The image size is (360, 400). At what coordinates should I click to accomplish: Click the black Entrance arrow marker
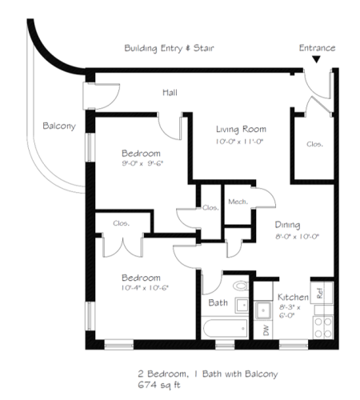[316, 59]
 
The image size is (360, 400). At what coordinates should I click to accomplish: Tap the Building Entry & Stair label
[169, 48]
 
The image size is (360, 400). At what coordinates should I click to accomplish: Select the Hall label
[170, 93]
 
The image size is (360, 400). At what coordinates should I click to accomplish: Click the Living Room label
[241, 130]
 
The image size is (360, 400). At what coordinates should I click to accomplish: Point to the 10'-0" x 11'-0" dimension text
[239, 142]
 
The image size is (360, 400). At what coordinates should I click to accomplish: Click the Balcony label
[59, 126]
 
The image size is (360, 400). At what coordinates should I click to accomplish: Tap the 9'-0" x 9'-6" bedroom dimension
[142, 163]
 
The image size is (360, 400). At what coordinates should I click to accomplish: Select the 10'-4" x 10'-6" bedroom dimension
[145, 288]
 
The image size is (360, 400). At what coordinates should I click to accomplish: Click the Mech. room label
[238, 202]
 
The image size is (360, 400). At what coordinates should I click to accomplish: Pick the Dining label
[287, 225]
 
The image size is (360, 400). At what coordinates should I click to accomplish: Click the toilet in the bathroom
[241, 286]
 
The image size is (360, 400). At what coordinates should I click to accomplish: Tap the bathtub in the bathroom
[225, 329]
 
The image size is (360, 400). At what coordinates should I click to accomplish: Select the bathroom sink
[242, 305]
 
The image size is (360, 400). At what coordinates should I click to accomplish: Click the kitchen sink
[263, 310]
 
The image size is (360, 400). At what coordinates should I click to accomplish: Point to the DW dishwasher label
[266, 330]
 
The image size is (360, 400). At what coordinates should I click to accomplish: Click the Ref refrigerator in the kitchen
[322, 293]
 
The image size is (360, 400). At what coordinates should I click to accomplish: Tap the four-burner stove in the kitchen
[323, 328]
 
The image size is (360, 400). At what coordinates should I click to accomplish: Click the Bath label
[218, 302]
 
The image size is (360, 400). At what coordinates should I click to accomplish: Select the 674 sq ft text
[159, 385]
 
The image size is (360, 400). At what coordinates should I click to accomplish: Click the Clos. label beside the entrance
[314, 144]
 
